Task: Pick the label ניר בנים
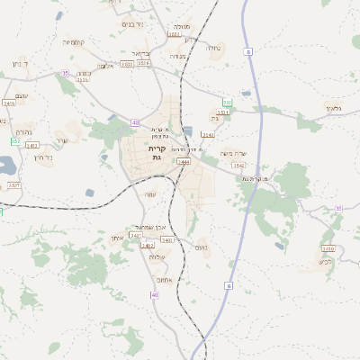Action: [132, 24]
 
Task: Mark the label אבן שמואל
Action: [150, 227]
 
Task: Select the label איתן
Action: [116, 238]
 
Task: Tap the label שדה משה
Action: [233, 153]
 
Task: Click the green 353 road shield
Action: [228, 103]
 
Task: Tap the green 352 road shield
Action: [15, 141]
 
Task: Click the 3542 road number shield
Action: [238, 166]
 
